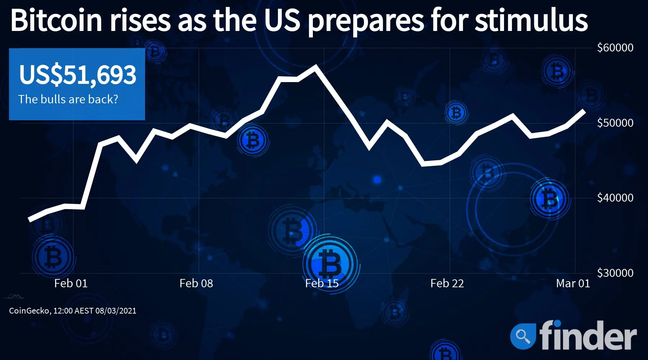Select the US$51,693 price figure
tap(78, 75)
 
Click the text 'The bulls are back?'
tap(68, 99)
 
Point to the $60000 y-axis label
tap(615, 48)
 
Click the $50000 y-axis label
tap(615, 123)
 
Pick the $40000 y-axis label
tap(615, 198)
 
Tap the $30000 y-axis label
tap(615, 273)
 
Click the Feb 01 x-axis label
tap(71, 283)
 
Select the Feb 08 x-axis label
tap(196, 283)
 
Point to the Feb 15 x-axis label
tap(322, 283)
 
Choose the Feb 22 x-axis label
tap(447, 283)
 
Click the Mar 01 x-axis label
tap(573, 283)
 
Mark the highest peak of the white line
tap(316, 67)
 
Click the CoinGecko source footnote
tap(73, 311)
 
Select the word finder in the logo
tap(588, 335)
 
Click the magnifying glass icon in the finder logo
tap(522, 336)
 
